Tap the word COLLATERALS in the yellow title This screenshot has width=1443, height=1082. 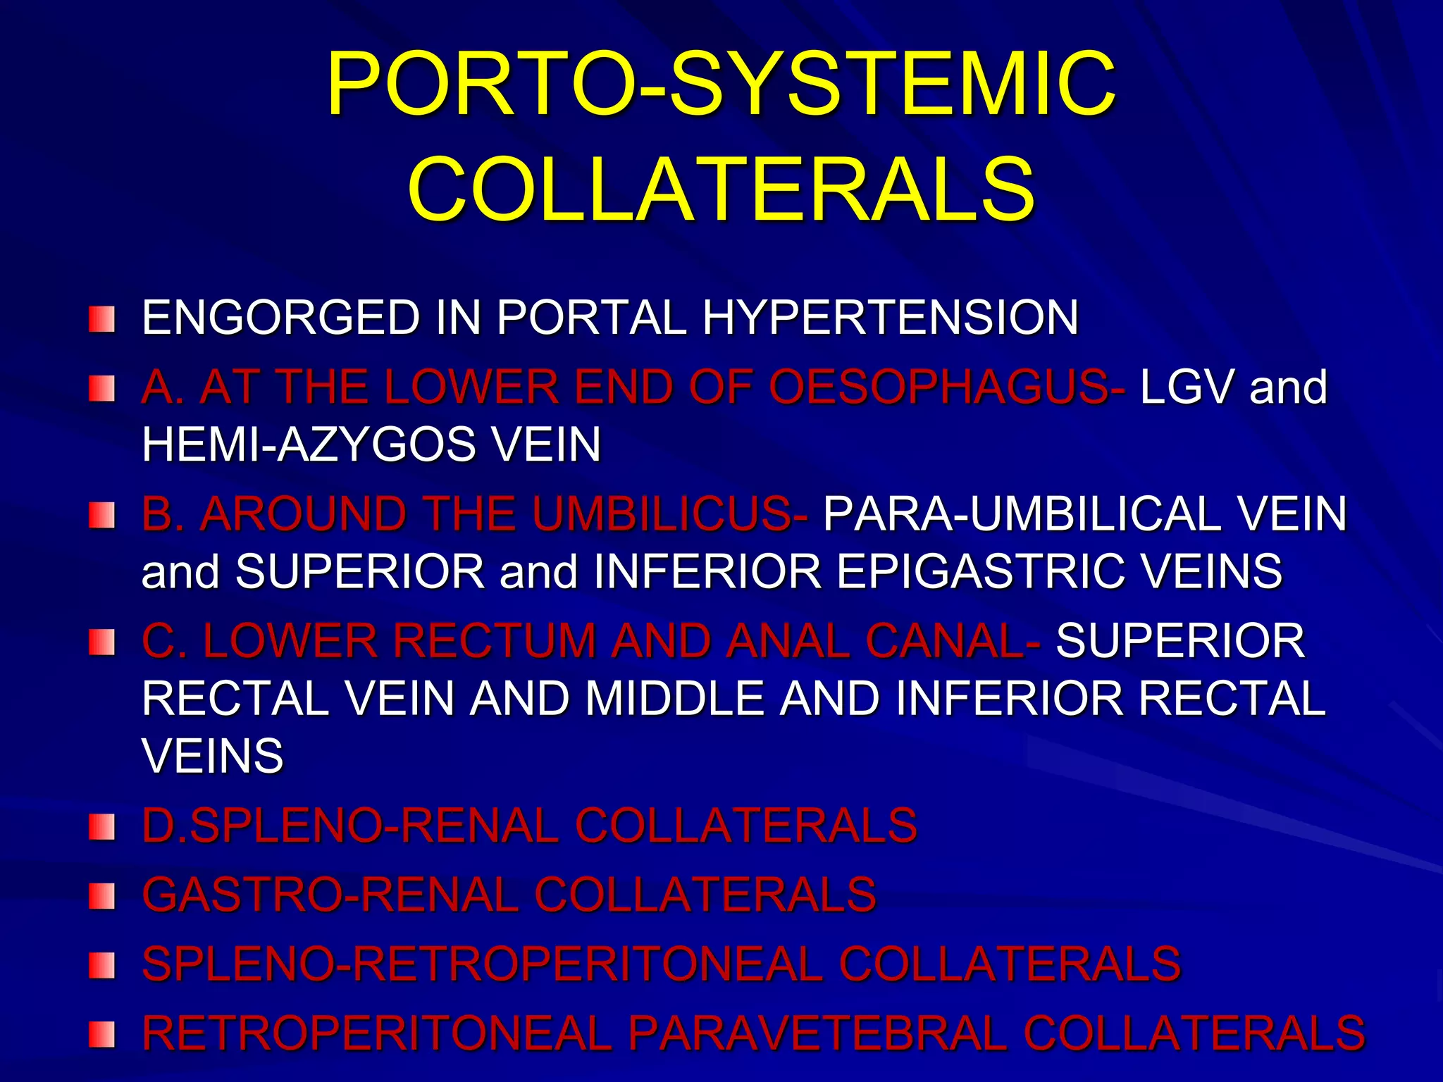(x=721, y=189)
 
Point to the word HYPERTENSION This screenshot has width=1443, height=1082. (x=891, y=317)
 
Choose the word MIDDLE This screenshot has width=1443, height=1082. (x=674, y=698)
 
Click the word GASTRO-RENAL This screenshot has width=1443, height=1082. (x=330, y=895)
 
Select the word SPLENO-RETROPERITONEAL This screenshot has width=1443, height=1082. (x=483, y=964)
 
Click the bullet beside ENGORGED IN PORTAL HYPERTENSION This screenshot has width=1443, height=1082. (x=101, y=319)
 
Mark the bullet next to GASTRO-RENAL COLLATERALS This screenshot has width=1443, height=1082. (x=101, y=897)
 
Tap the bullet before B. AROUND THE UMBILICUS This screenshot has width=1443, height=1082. (x=101, y=515)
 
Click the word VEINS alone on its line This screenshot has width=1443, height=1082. (x=213, y=756)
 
